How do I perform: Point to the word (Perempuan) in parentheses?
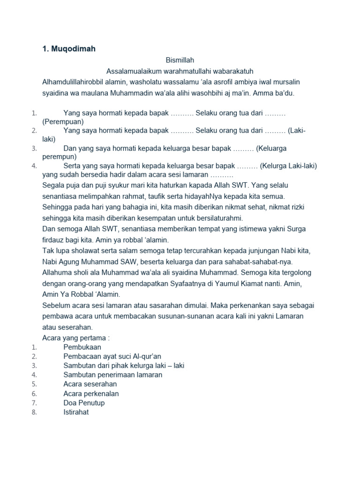(x=63, y=122)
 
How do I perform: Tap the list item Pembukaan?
(x=82, y=347)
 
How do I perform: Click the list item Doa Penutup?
(x=84, y=403)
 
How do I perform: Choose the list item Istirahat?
(x=76, y=412)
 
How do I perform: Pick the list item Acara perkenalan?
(x=91, y=394)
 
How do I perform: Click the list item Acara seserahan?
(x=90, y=384)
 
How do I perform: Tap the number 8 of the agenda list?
(x=34, y=412)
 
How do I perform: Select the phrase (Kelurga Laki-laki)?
(x=289, y=166)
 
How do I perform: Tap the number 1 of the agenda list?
(x=34, y=347)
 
